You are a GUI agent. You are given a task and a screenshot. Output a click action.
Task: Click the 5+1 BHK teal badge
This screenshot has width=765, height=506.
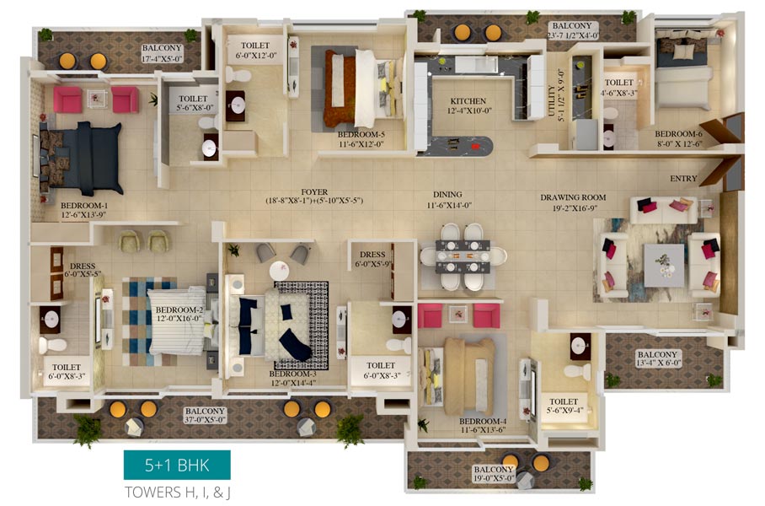tap(177, 465)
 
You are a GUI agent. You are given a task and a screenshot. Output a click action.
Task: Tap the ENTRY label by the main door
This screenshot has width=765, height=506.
tap(683, 179)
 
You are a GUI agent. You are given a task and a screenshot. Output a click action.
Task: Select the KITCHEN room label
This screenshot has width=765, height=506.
tap(468, 101)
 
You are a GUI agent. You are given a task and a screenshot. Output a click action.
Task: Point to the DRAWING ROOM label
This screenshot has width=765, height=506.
tap(573, 197)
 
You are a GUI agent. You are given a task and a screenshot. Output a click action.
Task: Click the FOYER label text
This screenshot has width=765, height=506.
tap(314, 192)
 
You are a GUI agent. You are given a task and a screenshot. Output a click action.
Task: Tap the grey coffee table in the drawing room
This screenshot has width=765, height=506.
tap(664, 265)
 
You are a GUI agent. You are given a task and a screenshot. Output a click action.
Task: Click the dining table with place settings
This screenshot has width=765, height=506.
tap(463, 256)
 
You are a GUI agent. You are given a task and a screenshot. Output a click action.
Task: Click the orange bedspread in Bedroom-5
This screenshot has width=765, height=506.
tap(340, 89)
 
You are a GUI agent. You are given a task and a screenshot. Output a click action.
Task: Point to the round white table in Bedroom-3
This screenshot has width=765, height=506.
tap(279, 270)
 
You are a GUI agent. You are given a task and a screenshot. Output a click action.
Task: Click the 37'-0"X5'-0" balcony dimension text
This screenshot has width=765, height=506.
tap(205, 420)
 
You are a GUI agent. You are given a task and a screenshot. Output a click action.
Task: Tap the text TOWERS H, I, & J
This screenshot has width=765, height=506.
tap(178, 492)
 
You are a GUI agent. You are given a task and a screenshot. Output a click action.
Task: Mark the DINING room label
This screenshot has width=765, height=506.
tap(447, 195)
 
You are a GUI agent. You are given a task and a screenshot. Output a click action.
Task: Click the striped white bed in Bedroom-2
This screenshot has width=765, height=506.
tap(178, 321)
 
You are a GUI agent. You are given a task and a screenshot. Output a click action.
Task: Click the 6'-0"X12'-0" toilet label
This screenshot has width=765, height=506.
tap(255, 55)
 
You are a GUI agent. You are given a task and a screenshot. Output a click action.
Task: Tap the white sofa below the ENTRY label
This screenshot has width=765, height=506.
tap(664, 210)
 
